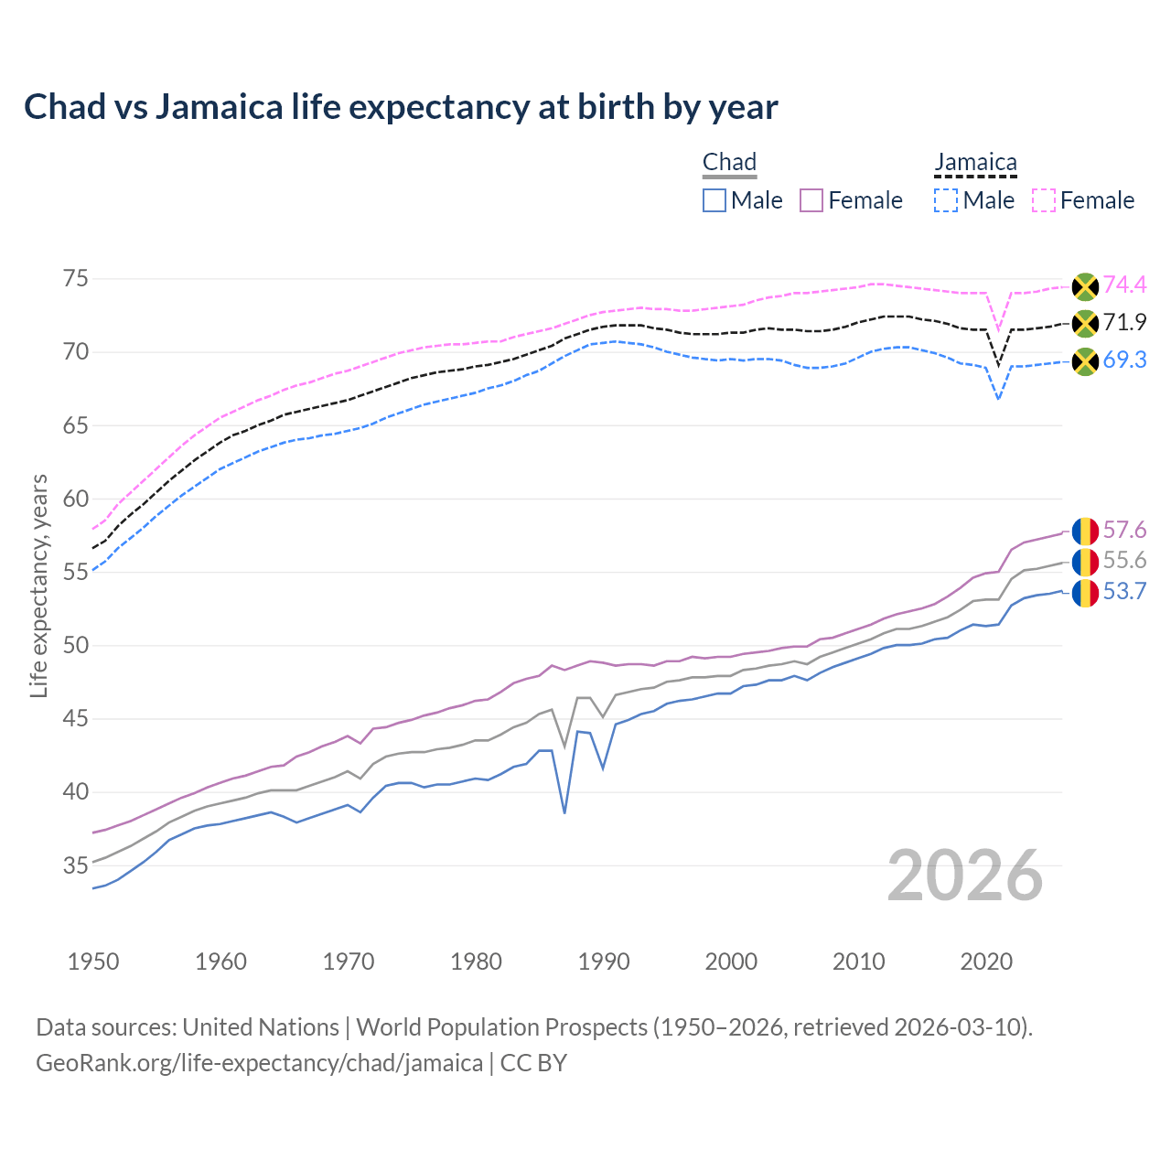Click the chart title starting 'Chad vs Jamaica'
[401, 107]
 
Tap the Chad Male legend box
[714, 200]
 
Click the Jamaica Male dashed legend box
[946, 200]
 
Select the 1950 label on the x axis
[93, 962]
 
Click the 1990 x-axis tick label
[604, 962]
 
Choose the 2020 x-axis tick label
[986, 962]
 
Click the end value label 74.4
[1124, 285]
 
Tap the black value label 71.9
[1124, 323]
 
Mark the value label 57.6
[1124, 531]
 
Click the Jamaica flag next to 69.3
[1085, 361]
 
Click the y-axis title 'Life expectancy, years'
[39, 585]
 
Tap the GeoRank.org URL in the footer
[259, 1063]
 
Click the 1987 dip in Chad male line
[564, 811]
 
